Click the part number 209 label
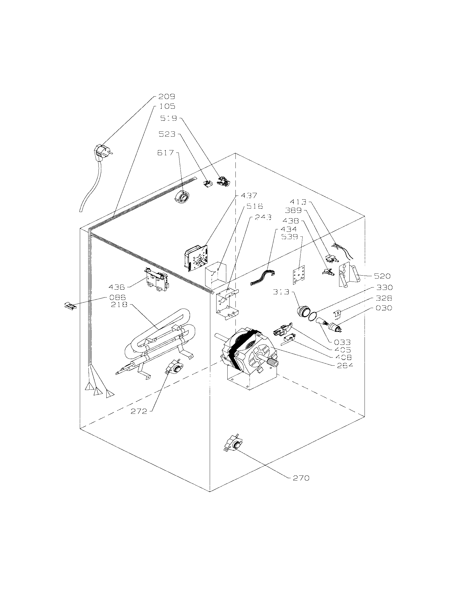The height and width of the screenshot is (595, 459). tap(166, 97)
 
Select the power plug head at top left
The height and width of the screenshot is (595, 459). tap(101, 151)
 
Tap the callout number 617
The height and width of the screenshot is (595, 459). tap(165, 153)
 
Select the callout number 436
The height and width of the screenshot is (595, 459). tap(117, 287)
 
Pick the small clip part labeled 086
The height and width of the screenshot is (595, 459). tap(70, 306)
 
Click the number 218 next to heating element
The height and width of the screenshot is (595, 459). tap(119, 305)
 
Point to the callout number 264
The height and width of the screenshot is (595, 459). tap(345, 365)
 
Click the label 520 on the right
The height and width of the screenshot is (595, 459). tap(382, 276)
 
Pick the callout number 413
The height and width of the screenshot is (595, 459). tap(298, 202)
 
